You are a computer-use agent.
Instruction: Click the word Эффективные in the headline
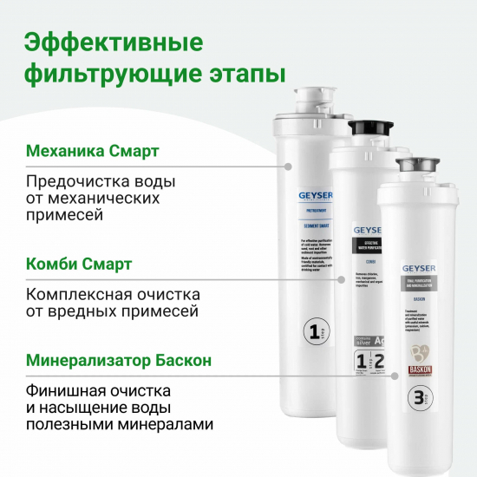click(114, 42)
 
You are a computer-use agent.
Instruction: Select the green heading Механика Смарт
click(93, 152)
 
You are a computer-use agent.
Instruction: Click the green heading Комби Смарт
click(80, 264)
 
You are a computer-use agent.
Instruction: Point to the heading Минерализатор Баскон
click(119, 357)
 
